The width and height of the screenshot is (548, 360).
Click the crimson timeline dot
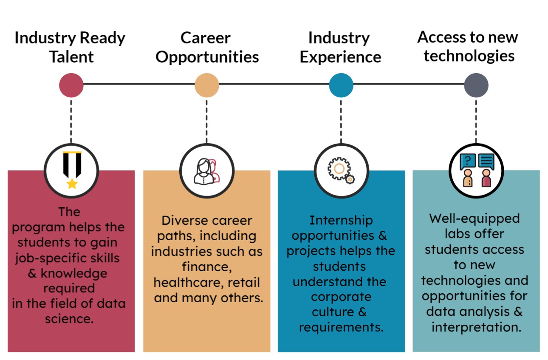[x=71, y=85]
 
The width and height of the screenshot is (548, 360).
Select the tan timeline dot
[x=207, y=85]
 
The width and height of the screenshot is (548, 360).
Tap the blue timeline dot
[x=341, y=85]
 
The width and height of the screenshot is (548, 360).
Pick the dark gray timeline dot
[x=476, y=85]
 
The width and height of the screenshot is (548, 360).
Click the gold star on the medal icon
[x=72, y=184]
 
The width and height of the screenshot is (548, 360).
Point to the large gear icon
[x=339, y=169]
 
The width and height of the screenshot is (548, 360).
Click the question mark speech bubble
[x=468, y=161]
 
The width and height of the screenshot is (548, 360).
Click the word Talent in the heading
[x=71, y=57]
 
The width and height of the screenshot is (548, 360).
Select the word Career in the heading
[x=206, y=38]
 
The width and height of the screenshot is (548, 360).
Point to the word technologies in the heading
[x=469, y=56]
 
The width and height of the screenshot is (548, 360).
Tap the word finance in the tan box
[x=207, y=267]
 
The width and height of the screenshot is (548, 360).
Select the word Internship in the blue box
[x=341, y=220]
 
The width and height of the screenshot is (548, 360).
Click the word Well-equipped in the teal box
[x=475, y=218]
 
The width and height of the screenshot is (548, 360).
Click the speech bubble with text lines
[x=486, y=161]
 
